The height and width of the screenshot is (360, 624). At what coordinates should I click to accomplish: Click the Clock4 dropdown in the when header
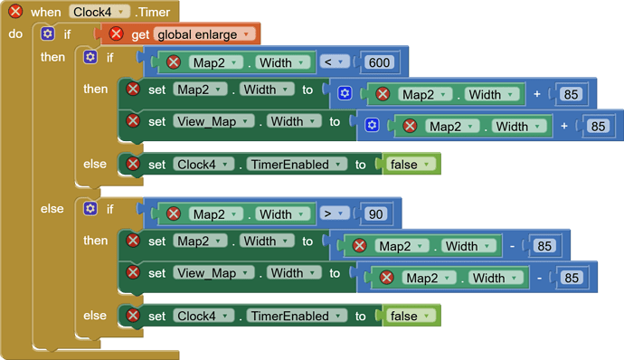[99, 12]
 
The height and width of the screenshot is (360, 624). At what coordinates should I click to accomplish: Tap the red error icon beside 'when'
[15, 12]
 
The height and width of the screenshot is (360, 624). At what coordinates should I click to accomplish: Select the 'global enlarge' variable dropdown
[205, 34]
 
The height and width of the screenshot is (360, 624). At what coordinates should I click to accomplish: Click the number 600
[380, 62]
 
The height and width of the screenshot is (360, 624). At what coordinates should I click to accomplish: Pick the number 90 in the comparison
[375, 214]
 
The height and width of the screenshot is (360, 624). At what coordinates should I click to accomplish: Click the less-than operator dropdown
[335, 62]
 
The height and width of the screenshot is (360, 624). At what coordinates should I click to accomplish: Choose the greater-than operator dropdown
[335, 214]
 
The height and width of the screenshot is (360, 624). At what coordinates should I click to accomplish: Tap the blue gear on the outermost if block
[48, 34]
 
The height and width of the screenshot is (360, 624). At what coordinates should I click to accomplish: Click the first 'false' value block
[412, 164]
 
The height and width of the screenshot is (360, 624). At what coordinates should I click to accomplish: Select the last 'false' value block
[412, 316]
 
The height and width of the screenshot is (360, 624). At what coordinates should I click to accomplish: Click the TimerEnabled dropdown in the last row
[298, 316]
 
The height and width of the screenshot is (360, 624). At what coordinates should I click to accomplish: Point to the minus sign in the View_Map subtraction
[540, 278]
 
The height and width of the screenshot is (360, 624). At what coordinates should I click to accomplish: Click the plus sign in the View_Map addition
[565, 126]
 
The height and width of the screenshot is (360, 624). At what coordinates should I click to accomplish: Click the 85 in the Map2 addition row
[572, 95]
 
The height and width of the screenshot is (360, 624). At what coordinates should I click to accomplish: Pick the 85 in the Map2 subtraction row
[544, 246]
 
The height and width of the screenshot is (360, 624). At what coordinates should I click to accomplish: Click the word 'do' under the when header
[15, 34]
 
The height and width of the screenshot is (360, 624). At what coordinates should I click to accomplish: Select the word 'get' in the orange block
[139, 34]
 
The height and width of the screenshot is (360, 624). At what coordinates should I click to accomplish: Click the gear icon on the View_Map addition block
[372, 126]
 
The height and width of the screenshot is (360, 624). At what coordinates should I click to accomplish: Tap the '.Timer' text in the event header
[156, 12]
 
